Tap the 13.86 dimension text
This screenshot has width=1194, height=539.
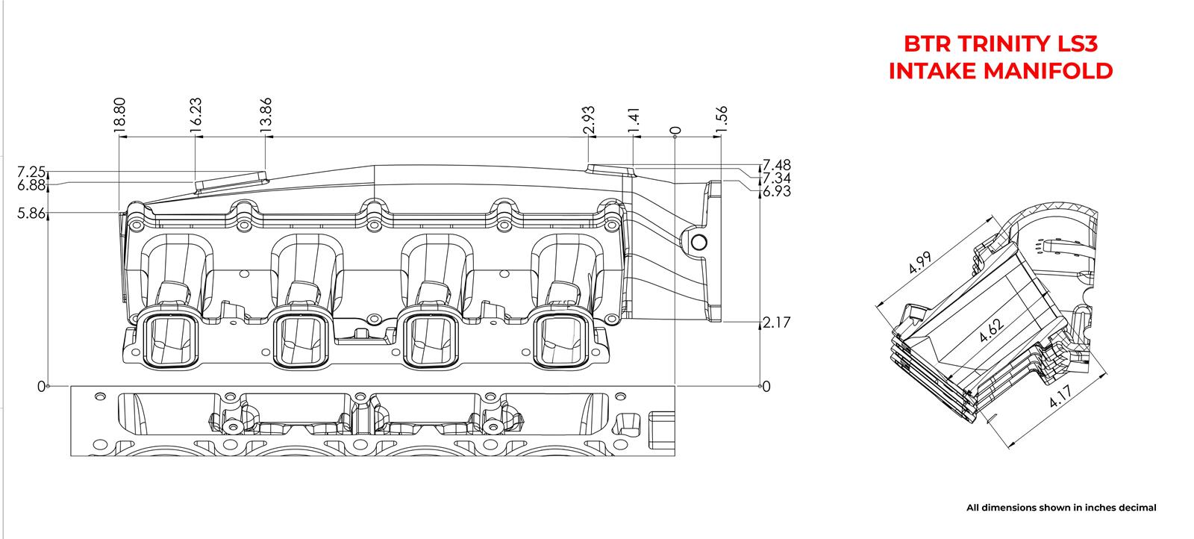(266, 115)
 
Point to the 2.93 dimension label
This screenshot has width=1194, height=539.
(590, 119)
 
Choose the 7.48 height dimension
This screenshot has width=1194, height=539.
(776, 165)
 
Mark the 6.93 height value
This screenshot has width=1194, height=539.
(776, 192)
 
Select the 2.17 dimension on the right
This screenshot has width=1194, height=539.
(776, 323)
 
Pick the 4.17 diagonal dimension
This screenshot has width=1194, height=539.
(1063, 395)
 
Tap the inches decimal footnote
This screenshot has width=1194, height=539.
(1060, 508)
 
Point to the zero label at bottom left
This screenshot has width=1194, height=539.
(40, 386)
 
